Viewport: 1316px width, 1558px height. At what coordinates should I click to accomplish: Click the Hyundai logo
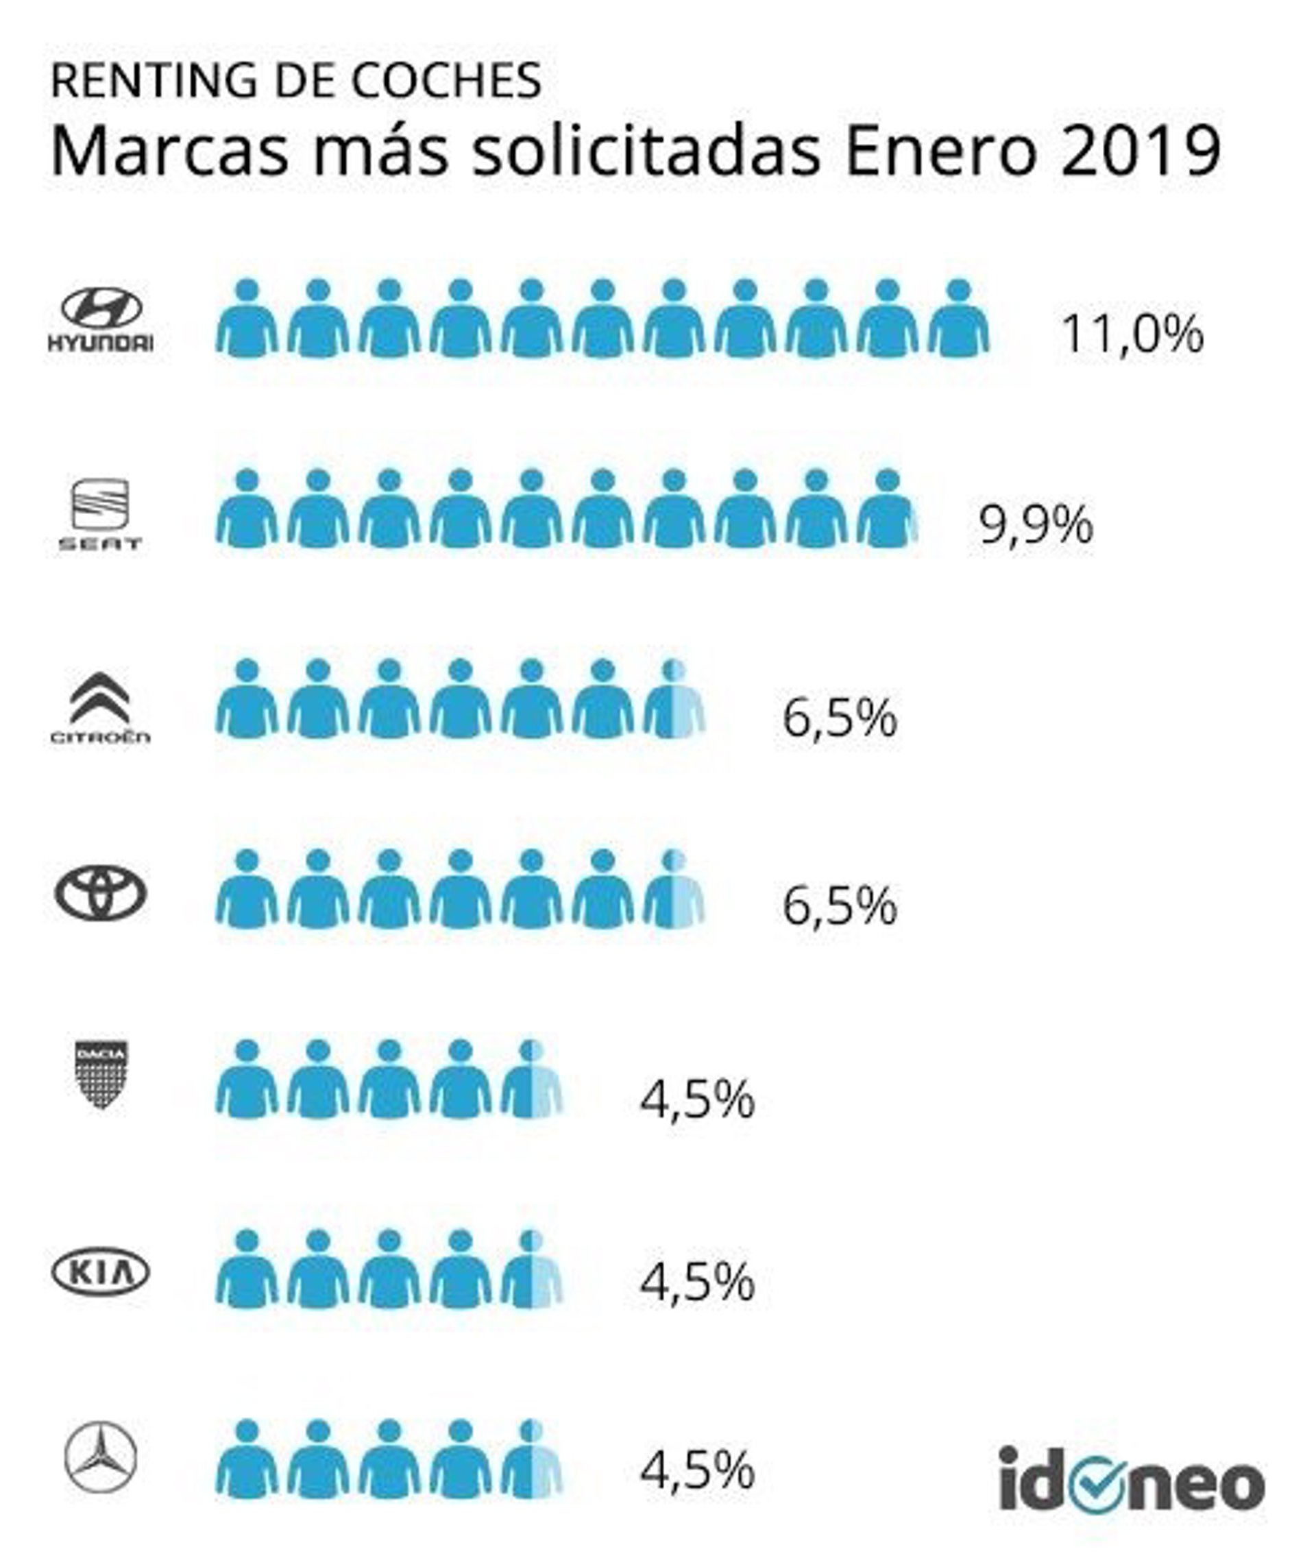(x=101, y=319)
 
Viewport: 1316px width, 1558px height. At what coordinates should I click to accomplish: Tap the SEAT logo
(x=100, y=513)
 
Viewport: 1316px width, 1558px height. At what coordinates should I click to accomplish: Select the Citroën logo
(x=100, y=707)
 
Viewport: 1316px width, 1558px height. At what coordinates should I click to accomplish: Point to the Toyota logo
(x=101, y=893)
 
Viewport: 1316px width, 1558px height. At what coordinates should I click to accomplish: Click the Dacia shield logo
(x=101, y=1075)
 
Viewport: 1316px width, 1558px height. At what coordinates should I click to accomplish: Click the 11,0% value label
(x=1132, y=334)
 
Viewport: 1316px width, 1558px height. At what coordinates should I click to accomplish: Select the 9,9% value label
(x=1036, y=525)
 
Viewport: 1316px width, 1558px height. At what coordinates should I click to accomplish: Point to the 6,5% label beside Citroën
(x=839, y=718)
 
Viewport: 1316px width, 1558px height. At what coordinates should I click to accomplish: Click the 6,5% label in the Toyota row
(x=839, y=906)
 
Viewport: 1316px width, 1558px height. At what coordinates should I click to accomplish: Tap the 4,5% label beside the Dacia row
(x=698, y=1099)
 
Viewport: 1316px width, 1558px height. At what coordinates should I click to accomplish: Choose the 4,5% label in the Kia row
(x=698, y=1282)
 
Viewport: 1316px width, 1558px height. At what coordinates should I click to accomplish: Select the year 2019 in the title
(x=1141, y=151)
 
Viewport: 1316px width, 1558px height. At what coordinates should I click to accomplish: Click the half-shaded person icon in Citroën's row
(x=674, y=700)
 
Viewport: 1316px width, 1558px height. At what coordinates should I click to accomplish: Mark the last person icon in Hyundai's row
(x=959, y=319)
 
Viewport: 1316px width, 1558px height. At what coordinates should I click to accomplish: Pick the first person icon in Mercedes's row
(x=247, y=1459)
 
